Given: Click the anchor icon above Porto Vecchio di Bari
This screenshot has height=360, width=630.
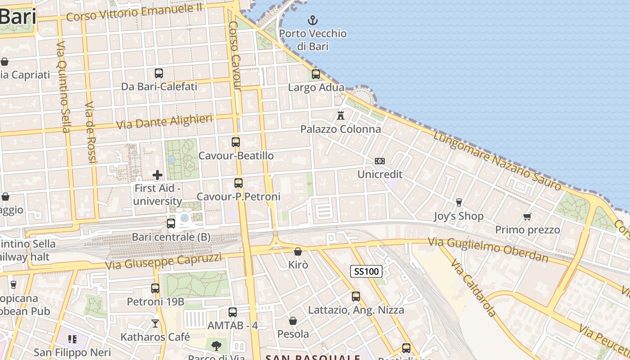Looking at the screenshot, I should click(312, 20).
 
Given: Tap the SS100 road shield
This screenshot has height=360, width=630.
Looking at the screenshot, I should click(366, 271).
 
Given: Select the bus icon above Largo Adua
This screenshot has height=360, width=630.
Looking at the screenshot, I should click(316, 74).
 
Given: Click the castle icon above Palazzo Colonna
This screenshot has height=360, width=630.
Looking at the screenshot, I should click(341, 116).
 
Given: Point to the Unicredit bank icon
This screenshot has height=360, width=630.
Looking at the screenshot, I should click(380, 161).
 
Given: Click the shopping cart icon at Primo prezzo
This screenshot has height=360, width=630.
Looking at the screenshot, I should click(527, 216).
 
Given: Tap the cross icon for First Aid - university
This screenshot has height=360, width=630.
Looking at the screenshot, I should click(157, 175).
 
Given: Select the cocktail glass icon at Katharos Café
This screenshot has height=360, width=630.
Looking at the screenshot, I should click(155, 324).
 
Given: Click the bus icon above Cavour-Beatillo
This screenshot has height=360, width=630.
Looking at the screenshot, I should click(236, 142).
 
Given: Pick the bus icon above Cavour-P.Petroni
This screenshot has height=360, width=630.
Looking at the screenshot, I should click(238, 183).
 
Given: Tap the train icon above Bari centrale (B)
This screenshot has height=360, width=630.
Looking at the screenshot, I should click(171, 223).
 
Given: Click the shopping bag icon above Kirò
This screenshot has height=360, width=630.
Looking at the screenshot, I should click(297, 252).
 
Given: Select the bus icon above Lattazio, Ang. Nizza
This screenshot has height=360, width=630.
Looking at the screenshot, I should click(356, 297).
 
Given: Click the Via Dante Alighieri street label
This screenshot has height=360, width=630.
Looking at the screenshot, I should click(164, 121).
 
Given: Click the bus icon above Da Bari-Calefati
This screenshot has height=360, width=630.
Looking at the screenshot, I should click(159, 73).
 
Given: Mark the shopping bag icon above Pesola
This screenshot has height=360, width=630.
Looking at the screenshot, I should click(293, 321).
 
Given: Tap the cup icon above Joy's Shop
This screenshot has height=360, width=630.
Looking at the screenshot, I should click(459, 202).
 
